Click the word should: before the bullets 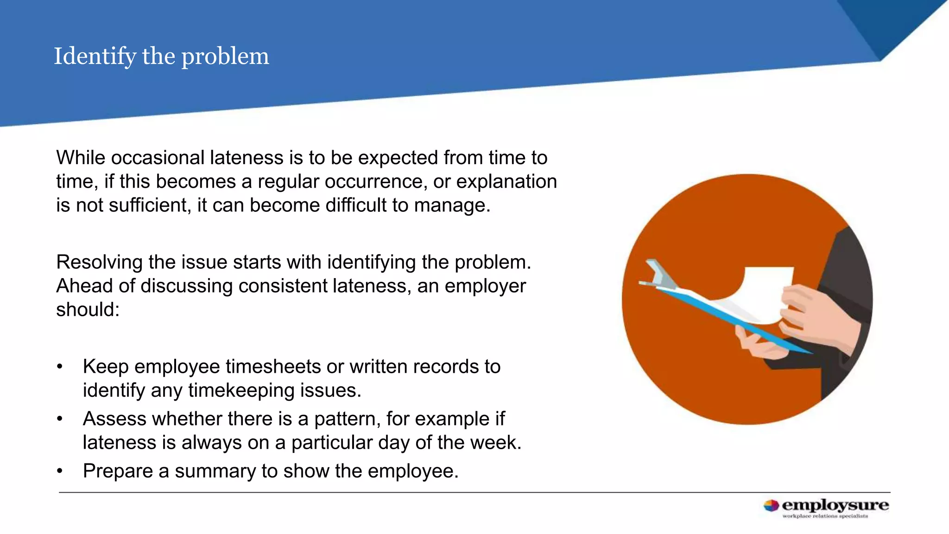pyautogui.click(x=88, y=310)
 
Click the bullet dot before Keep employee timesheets pyautogui.click(x=59, y=367)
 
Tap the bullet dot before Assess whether pyautogui.click(x=59, y=419)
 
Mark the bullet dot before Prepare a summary pyautogui.click(x=59, y=471)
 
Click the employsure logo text pyautogui.click(x=835, y=505)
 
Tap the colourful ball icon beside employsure pyautogui.click(x=771, y=506)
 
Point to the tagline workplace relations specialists pyautogui.click(x=825, y=516)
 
